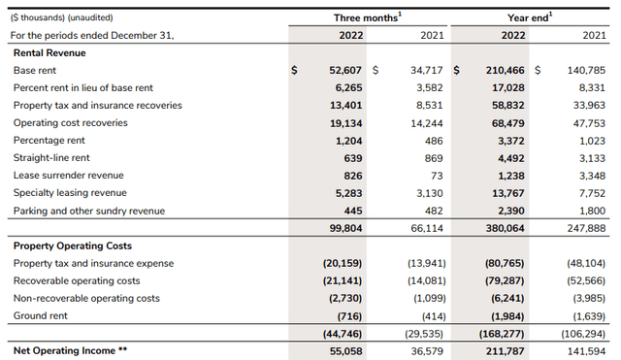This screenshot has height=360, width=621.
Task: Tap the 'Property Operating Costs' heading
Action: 72,245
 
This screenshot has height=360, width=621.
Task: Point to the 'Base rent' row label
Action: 35,71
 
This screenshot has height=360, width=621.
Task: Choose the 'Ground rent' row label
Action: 40,316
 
